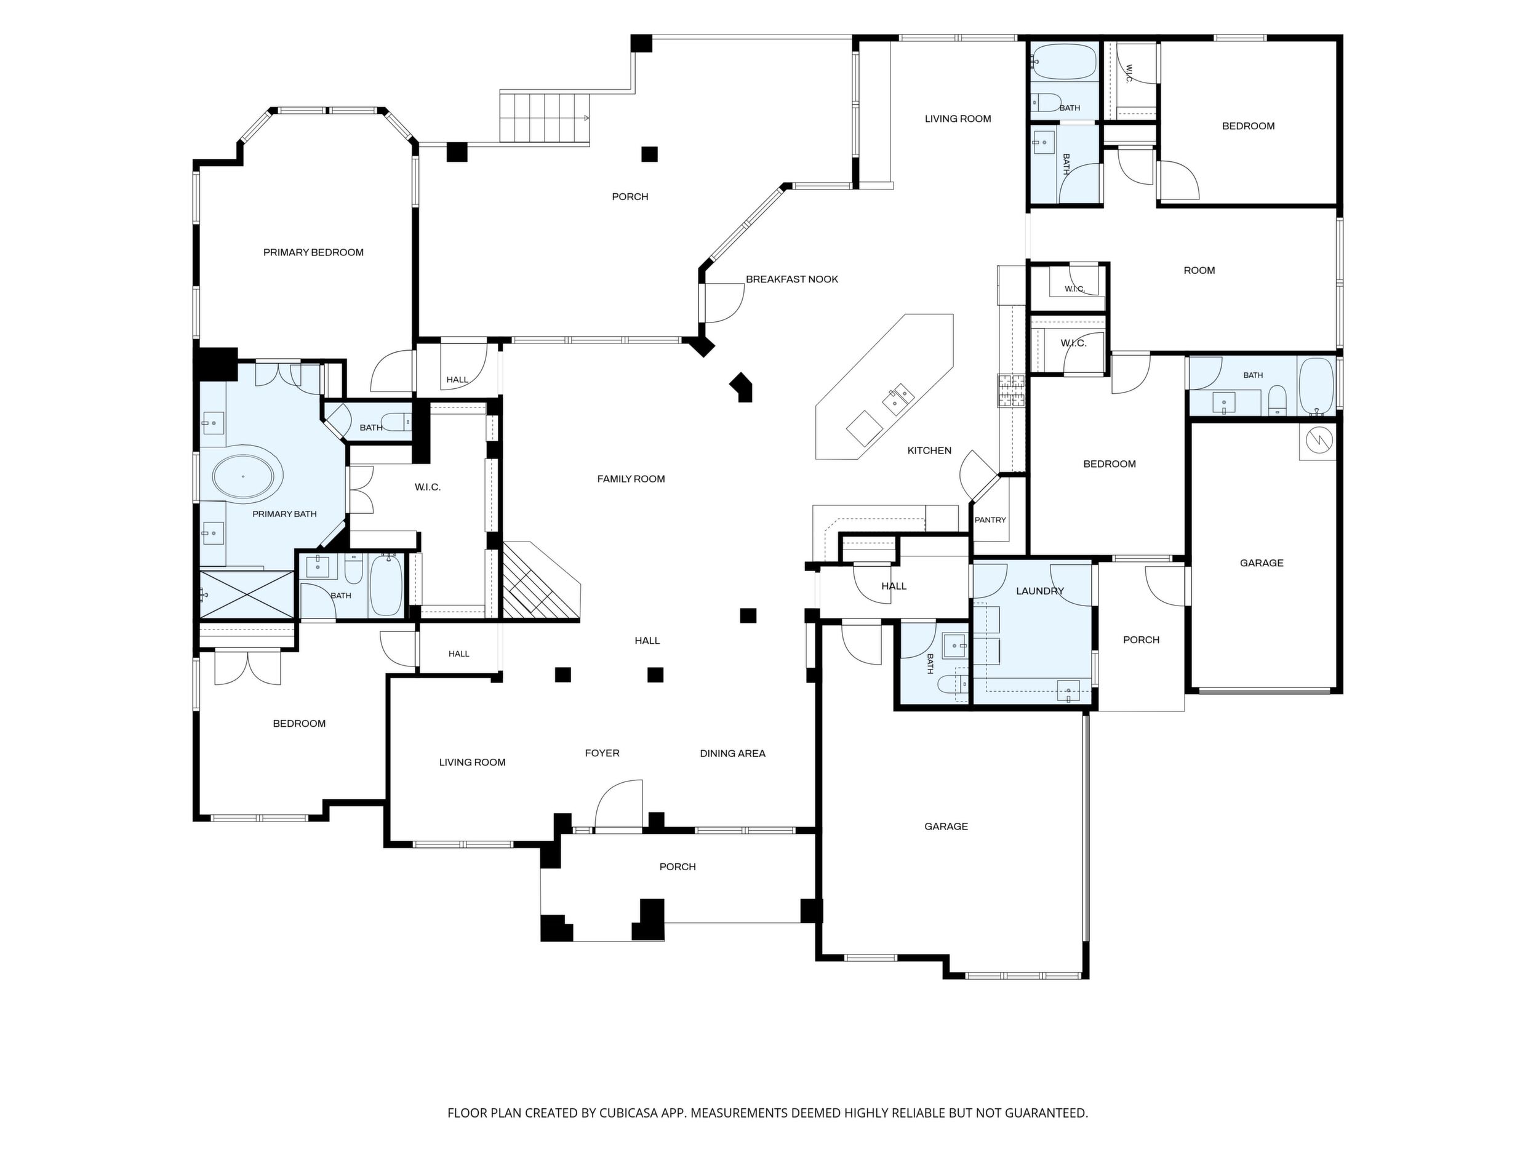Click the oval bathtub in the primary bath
coord(247,477)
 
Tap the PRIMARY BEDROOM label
coord(313,252)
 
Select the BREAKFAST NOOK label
coord(791,279)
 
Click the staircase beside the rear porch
coord(545,118)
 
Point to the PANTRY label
coord(990,520)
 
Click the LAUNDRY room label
coord(1039,591)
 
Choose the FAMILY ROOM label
coord(631,478)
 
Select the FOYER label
coord(602,753)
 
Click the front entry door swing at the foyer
coord(618,804)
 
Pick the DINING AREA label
coord(732,753)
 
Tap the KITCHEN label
coord(929,450)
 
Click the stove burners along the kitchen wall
coord(1011,390)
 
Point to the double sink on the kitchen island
coord(899,396)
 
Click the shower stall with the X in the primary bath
coord(247,595)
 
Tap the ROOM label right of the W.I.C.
coord(1199,270)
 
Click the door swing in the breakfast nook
coord(724,303)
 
